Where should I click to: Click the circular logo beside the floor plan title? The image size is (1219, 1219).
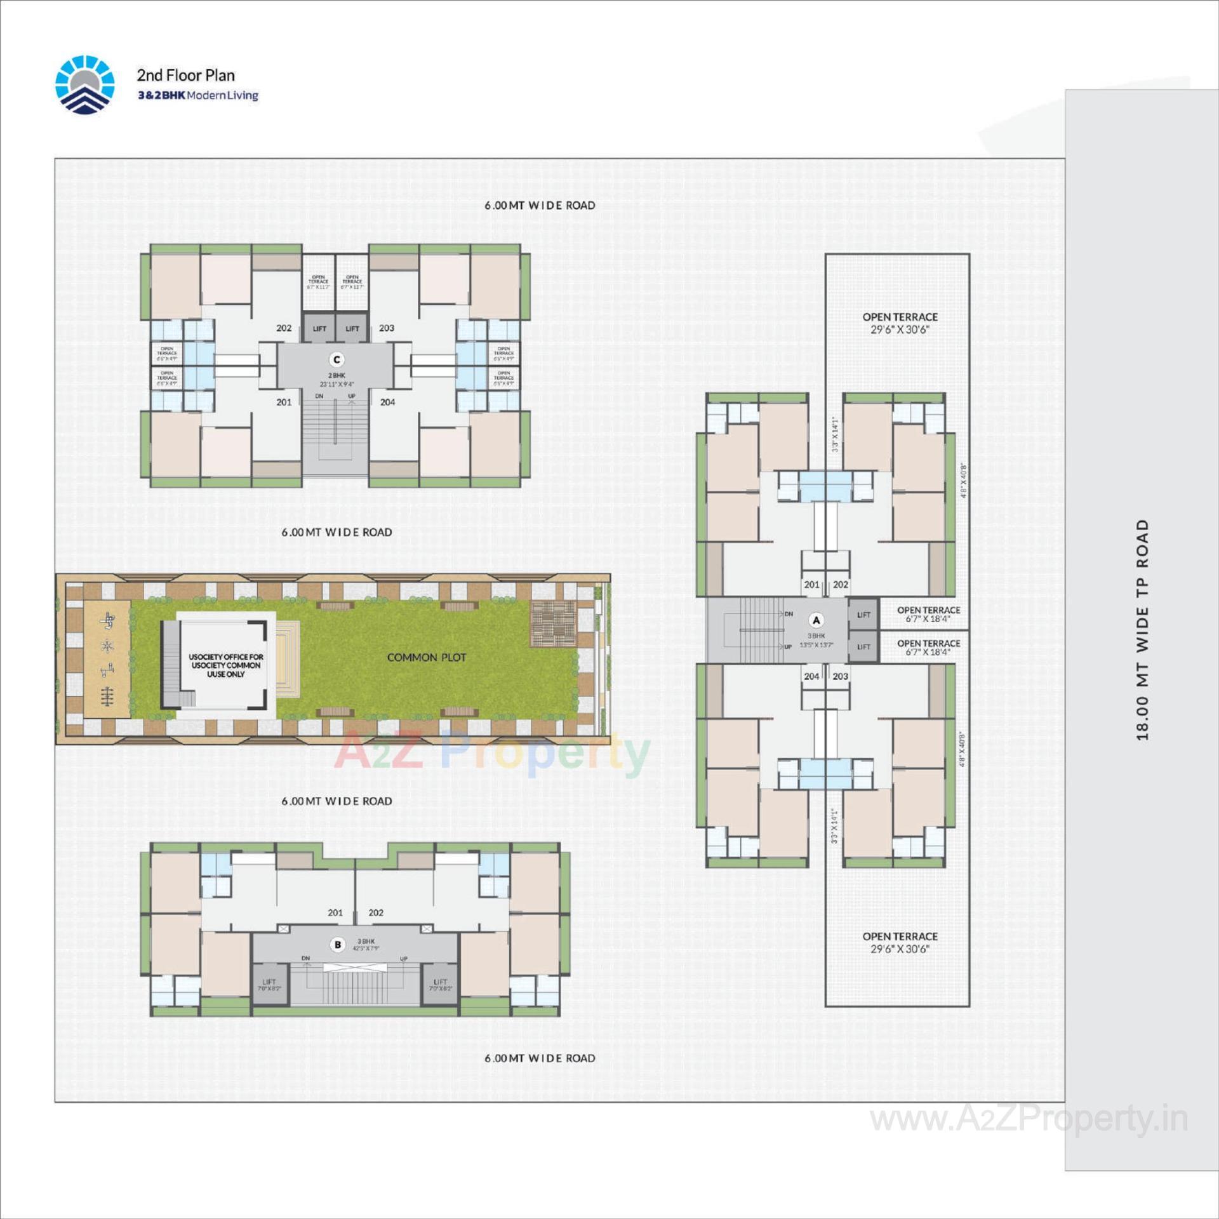(85, 84)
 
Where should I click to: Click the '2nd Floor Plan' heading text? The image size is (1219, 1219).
(185, 76)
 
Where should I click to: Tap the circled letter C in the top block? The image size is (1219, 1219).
(336, 360)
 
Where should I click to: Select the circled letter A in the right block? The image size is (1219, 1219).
(816, 620)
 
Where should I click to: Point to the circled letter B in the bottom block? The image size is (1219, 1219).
(338, 945)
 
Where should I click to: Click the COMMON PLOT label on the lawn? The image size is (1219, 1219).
(426, 658)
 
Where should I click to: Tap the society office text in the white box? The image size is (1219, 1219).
(226, 665)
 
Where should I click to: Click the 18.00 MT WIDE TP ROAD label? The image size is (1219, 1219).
(1143, 630)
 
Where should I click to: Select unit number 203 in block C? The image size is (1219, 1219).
(387, 328)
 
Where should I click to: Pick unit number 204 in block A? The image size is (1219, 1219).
(811, 676)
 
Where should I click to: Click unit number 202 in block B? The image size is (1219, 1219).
(376, 912)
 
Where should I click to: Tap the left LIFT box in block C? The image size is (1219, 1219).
(319, 329)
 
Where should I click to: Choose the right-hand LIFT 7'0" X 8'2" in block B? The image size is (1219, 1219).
(440, 985)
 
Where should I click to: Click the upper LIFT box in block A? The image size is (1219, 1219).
(863, 615)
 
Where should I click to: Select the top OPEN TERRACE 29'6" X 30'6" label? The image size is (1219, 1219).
(900, 323)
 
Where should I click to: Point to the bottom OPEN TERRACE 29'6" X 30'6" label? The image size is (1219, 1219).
(900, 942)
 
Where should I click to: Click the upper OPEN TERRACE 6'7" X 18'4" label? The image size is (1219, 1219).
(928, 614)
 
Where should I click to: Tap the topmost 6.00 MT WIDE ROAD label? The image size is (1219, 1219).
(540, 206)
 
